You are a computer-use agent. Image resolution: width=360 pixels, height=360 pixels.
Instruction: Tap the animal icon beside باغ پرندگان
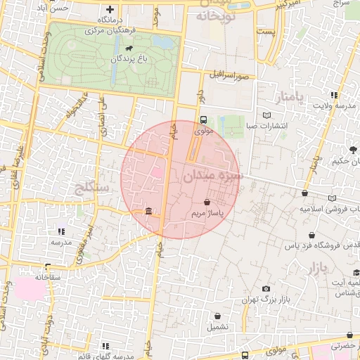(129, 48)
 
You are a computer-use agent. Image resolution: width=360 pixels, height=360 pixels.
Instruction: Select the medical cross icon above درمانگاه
(109, 9)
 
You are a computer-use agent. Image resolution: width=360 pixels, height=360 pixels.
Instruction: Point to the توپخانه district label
(212, 15)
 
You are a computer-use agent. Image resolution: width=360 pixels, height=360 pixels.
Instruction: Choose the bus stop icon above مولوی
(203, 120)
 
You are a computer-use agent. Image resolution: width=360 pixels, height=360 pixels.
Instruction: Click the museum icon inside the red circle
(148, 211)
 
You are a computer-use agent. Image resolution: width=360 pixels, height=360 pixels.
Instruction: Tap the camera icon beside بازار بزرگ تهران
(266, 288)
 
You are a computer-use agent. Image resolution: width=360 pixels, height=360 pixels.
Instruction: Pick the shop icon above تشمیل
(217, 316)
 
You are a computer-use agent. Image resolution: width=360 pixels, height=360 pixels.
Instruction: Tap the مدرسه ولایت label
(334, 106)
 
